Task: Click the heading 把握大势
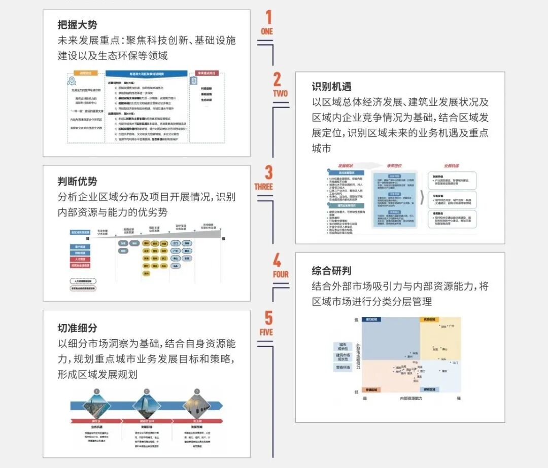click(x=77, y=24)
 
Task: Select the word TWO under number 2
click(x=280, y=93)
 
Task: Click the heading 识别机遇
click(x=331, y=87)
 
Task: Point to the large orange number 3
click(x=268, y=172)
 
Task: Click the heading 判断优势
click(x=77, y=181)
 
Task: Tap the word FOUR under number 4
click(x=281, y=274)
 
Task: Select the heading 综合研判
click(x=331, y=270)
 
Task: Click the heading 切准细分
click(x=77, y=328)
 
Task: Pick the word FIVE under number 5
click(x=266, y=332)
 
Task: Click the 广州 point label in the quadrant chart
click(x=452, y=326)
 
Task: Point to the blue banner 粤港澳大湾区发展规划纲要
click(x=146, y=74)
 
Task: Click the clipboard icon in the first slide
click(x=194, y=81)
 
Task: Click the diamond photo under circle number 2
click(x=147, y=406)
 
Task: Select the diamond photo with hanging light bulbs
click(x=197, y=406)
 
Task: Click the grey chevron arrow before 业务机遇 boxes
click(x=421, y=198)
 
